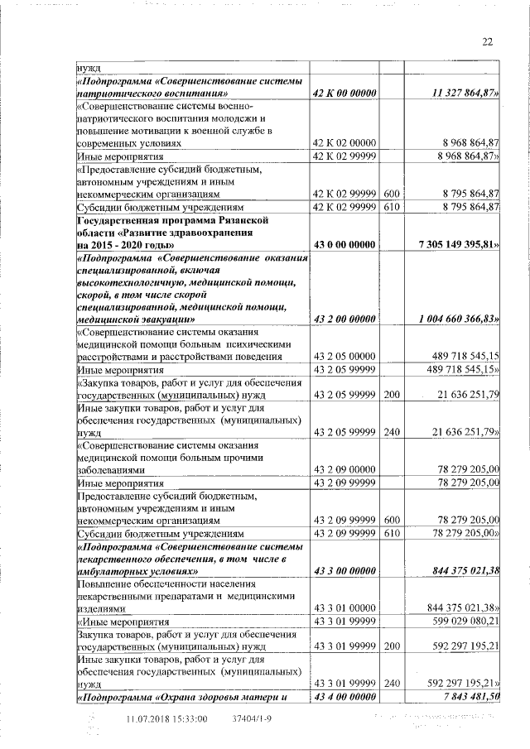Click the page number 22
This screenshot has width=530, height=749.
pos(486,42)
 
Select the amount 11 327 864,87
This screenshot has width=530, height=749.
pos(465,94)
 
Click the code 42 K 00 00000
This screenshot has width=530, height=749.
pos(344,94)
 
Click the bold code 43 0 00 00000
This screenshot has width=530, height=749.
pos(344,245)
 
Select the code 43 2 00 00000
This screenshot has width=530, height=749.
pos(344,318)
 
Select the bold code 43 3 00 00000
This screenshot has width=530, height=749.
pos(344,571)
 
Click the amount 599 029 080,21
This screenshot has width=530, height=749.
pos(463,620)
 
